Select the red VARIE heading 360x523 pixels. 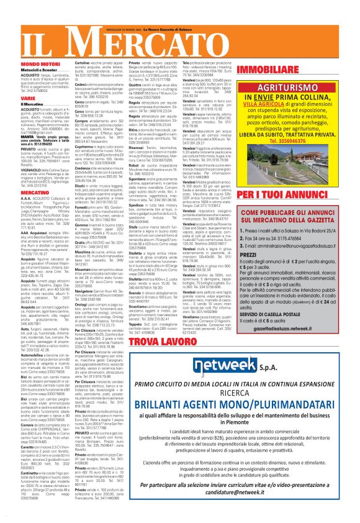(x=11, y=98)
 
